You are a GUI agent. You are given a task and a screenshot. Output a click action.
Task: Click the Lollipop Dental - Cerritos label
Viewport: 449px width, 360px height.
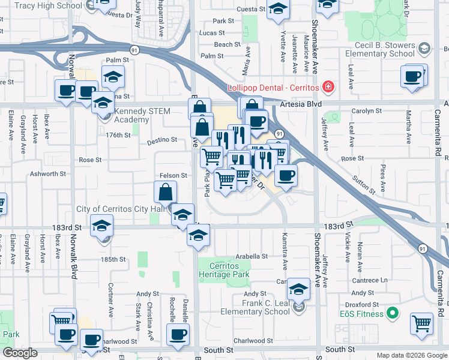pyautogui.click(x=273, y=88)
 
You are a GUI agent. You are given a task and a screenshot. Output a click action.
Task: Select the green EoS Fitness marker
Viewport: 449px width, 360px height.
pyautogui.click(x=393, y=313)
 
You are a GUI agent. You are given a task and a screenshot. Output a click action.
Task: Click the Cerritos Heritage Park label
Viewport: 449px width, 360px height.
pyautogui.click(x=228, y=270)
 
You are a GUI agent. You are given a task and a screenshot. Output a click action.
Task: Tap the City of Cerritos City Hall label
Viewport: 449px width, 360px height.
pyautogui.click(x=120, y=209)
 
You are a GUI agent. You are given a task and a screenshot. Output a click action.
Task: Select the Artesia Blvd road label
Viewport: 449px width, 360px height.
pyautogui.click(x=301, y=104)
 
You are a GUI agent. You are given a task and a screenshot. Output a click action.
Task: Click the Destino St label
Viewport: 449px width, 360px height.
pyautogui.click(x=162, y=140)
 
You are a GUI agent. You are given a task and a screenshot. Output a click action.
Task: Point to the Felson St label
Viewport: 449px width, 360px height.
pyautogui.click(x=174, y=175)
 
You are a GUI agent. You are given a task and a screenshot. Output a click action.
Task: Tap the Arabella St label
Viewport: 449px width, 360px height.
pyautogui.click(x=251, y=256)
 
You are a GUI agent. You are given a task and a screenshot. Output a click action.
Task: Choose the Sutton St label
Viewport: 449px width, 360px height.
pyautogui.click(x=364, y=183)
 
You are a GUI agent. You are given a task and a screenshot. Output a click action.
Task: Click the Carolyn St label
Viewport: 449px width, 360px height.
pyautogui.click(x=367, y=111)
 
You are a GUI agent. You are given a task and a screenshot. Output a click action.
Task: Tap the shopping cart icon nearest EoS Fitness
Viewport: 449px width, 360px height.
pyautogui.click(x=422, y=323)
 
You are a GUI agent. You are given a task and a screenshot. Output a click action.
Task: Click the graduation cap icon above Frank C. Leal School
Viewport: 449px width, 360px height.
pyautogui.click(x=298, y=289)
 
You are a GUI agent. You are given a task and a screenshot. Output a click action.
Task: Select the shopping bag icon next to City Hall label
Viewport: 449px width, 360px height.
pyautogui.click(x=165, y=193)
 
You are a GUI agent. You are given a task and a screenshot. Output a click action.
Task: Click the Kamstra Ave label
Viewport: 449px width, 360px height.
pyautogui.click(x=284, y=244)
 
